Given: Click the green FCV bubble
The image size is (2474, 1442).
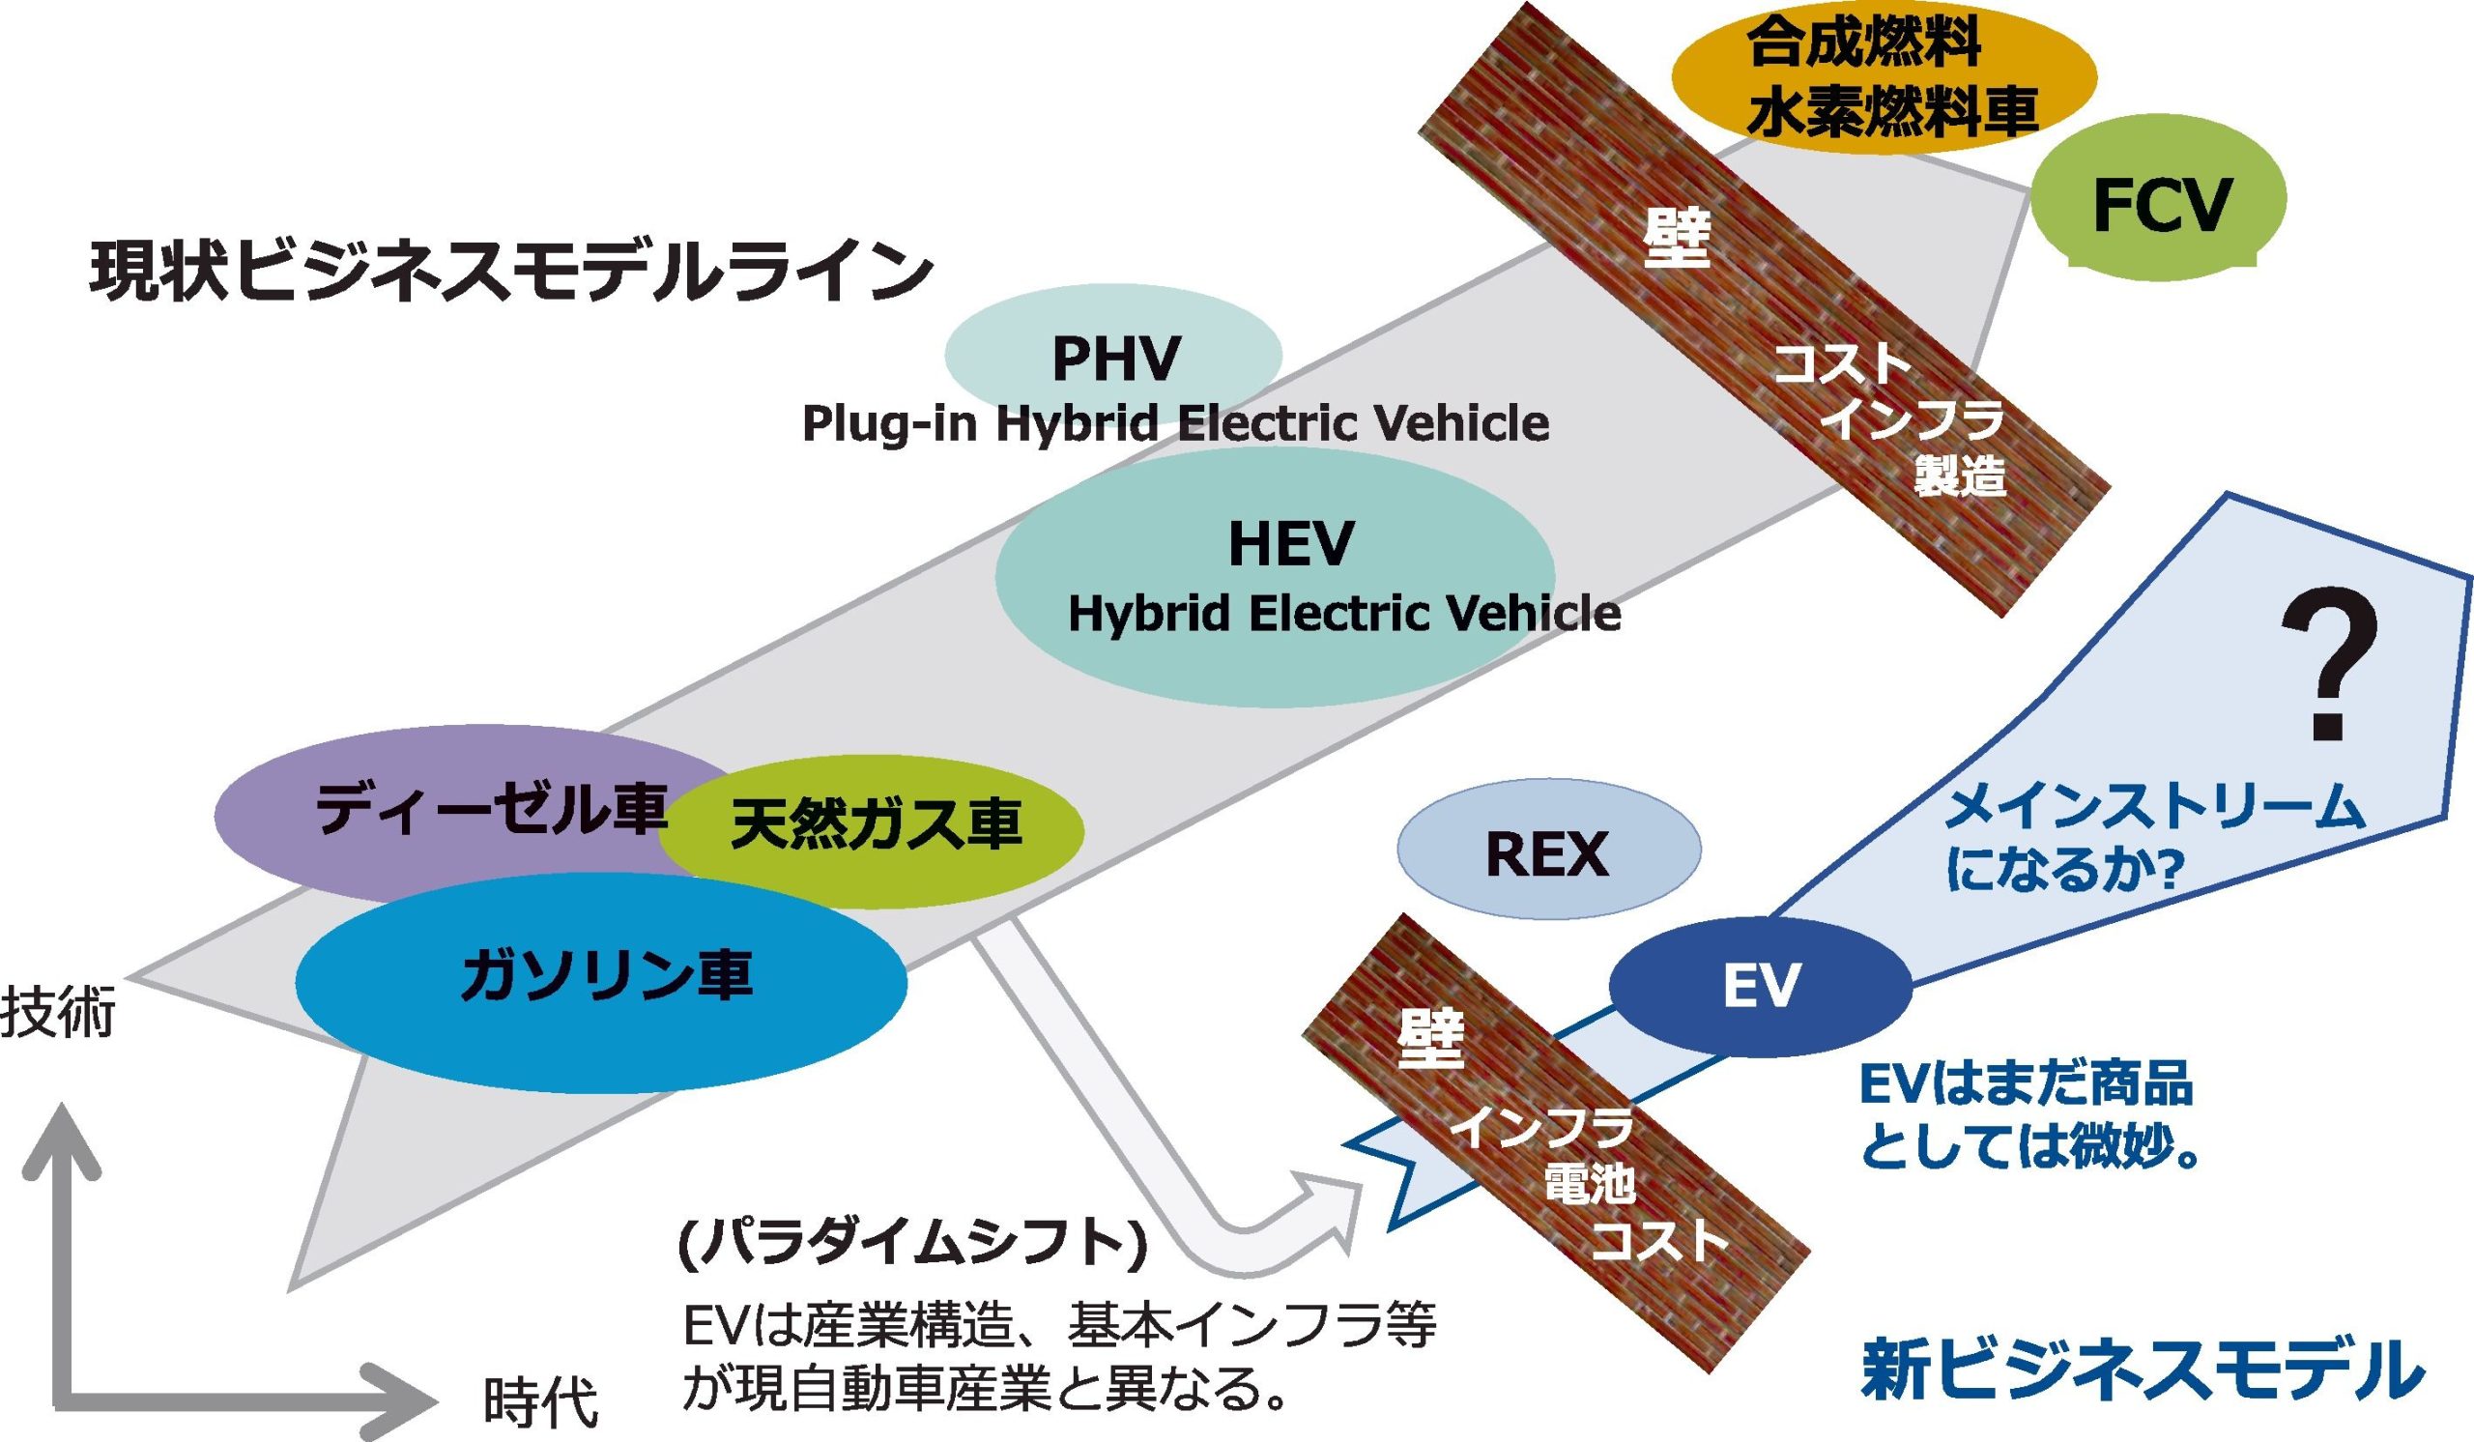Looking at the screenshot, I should click(2160, 201).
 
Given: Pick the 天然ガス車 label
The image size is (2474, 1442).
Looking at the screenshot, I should click(876, 825).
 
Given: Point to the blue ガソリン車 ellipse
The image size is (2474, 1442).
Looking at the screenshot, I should click(601, 980).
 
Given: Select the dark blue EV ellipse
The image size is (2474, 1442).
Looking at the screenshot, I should click(1761, 987).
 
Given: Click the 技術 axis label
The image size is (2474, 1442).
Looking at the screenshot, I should click(59, 1013).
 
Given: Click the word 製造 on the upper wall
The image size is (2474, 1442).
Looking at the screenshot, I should click(1960, 477).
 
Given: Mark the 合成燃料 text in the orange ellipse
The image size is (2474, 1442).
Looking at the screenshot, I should click(1863, 44).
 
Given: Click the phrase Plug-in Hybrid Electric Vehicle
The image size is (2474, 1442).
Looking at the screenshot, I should click(1175, 424).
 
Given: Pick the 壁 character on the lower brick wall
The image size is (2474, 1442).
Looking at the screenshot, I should click(1430, 1042).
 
